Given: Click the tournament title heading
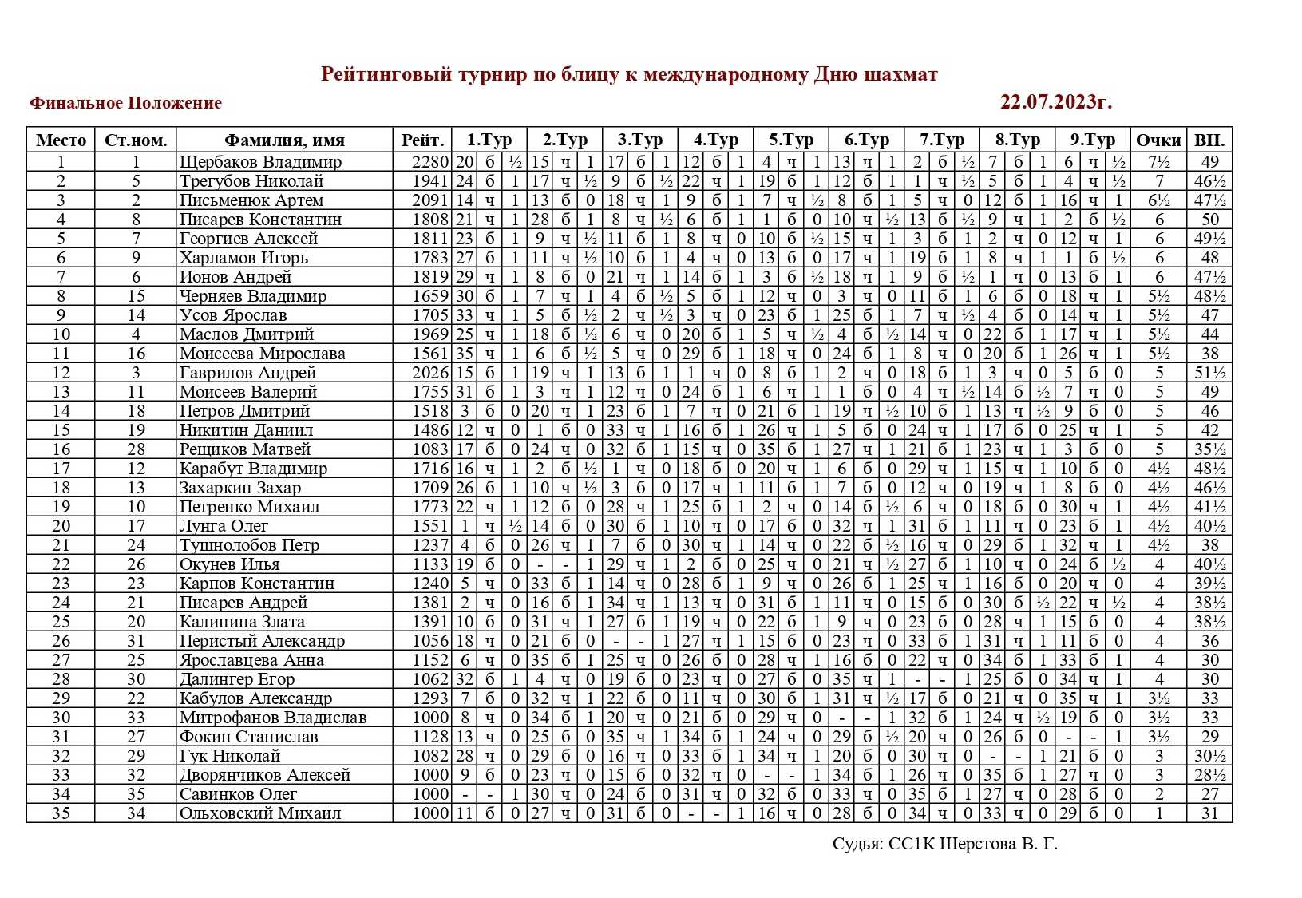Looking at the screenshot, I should click(x=629, y=74).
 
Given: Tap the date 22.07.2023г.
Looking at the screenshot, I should click(x=1055, y=101).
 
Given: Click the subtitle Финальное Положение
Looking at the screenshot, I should click(x=125, y=102).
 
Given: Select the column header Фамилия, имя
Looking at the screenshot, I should click(x=284, y=140).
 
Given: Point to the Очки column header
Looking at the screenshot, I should click(x=1158, y=140).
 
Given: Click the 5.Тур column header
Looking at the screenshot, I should click(x=791, y=140).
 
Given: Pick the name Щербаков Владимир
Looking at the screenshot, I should click(x=260, y=162).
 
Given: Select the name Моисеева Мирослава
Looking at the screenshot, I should click(x=262, y=354).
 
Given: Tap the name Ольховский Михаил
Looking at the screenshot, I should click(x=260, y=813).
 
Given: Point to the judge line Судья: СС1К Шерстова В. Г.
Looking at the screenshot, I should click(x=944, y=844).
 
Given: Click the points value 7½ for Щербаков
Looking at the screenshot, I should click(x=1159, y=162).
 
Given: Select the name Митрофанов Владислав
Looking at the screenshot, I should click(x=273, y=718).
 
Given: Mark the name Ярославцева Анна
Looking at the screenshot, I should click(x=251, y=660).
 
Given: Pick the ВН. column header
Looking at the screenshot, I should click(x=1209, y=140).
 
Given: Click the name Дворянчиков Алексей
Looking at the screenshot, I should click(x=265, y=775).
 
